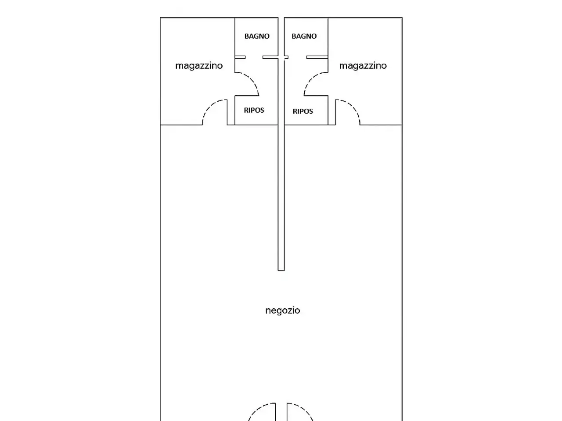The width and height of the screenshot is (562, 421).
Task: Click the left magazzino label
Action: (199, 66)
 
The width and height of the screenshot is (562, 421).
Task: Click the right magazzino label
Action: (363, 66)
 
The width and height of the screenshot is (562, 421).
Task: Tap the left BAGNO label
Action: (257, 36)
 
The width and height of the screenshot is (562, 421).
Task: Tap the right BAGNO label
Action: (304, 36)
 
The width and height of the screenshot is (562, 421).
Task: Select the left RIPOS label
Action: (254, 110)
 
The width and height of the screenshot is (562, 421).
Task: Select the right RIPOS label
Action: (303, 111)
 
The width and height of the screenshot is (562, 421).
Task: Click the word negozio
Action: (283, 310)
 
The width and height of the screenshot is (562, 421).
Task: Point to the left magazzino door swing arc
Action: (209, 107)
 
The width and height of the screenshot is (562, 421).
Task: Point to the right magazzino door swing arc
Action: (353, 107)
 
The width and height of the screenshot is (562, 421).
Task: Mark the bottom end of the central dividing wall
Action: (281, 271)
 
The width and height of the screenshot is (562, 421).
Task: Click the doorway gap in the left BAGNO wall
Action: (254, 57)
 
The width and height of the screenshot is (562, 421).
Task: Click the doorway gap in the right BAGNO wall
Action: (298, 57)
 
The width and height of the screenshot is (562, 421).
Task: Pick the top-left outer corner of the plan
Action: (160, 18)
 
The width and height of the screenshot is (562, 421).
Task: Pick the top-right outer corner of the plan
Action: (402, 18)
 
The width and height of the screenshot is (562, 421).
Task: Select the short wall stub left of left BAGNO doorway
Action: (240, 57)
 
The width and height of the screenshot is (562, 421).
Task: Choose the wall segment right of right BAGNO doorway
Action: (317, 57)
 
